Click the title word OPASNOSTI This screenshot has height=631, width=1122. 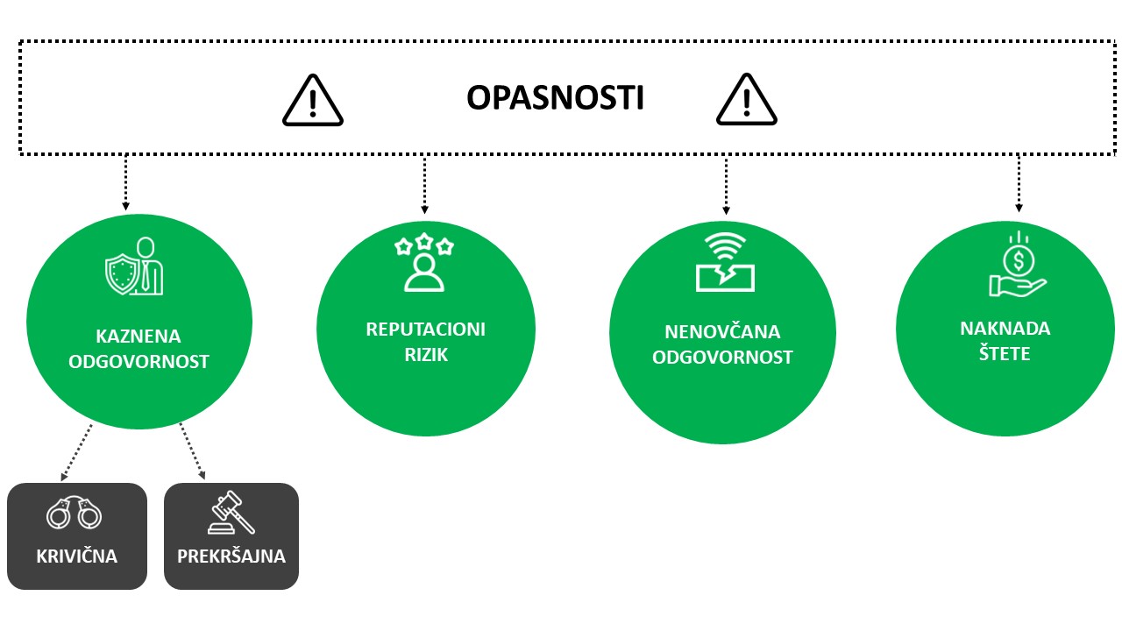(x=555, y=97)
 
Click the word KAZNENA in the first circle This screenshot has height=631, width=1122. (x=138, y=336)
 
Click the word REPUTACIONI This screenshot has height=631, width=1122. (x=426, y=330)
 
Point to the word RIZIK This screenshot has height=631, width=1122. (x=426, y=355)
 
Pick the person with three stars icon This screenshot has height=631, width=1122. (x=424, y=262)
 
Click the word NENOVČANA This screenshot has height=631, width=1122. (x=722, y=331)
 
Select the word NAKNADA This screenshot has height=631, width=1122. (x=1005, y=329)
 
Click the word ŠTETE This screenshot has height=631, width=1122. (x=1005, y=353)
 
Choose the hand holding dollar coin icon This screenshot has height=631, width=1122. (x=1018, y=264)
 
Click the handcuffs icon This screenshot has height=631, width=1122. (x=75, y=513)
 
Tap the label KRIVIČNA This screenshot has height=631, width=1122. (x=76, y=556)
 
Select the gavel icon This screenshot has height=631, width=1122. (x=231, y=513)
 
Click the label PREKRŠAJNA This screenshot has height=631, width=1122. (x=231, y=556)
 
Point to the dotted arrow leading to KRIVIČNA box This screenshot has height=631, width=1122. (x=76, y=452)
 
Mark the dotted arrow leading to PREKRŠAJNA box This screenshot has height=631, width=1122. (x=192, y=451)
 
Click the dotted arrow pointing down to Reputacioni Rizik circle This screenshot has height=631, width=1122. (x=424, y=185)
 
